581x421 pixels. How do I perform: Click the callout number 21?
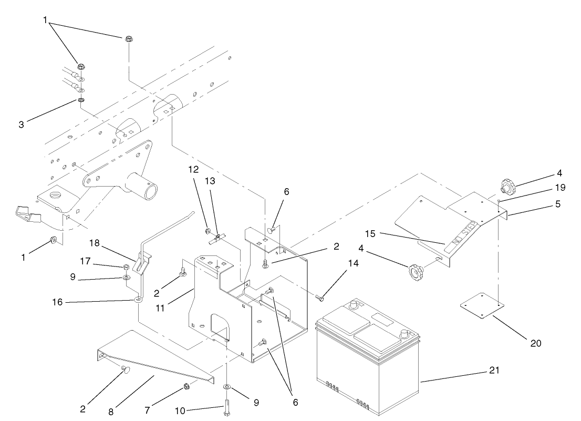(x=494, y=371)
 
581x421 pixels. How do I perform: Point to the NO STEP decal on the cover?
(x=462, y=235)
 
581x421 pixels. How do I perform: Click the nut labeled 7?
(x=187, y=388)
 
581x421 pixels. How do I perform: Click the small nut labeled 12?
(x=209, y=231)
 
